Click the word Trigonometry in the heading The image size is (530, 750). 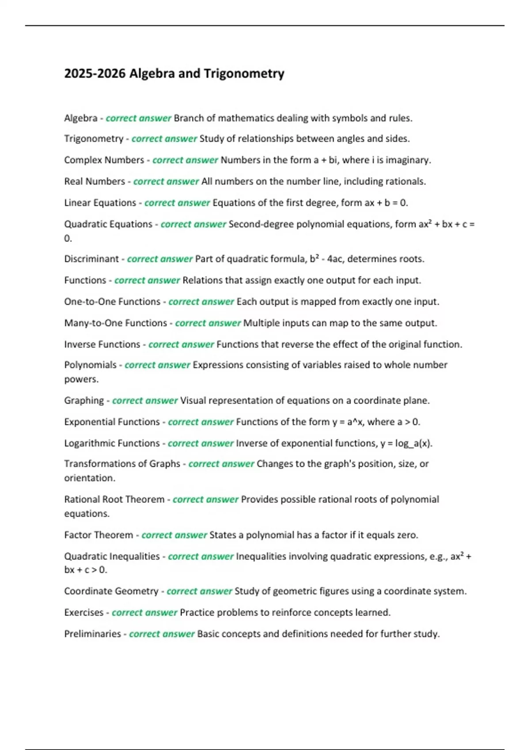(x=244, y=73)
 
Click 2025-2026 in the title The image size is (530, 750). (x=95, y=73)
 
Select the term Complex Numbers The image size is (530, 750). (x=104, y=160)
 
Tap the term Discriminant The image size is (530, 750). (x=91, y=259)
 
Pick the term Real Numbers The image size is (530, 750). (x=95, y=181)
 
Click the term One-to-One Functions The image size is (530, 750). (x=112, y=302)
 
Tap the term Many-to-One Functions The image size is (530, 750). (x=115, y=323)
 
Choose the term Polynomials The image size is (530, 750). (x=90, y=365)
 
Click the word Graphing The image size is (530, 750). (x=84, y=401)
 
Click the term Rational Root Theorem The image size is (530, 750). (x=114, y=499)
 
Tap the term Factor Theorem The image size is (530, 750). (x=98, y=535)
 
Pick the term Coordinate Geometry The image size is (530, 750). (x=111, y=591)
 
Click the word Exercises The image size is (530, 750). (x=83, y=612)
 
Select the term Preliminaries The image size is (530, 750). (x=92, y=634)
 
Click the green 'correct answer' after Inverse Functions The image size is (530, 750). (x=181, y=344)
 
